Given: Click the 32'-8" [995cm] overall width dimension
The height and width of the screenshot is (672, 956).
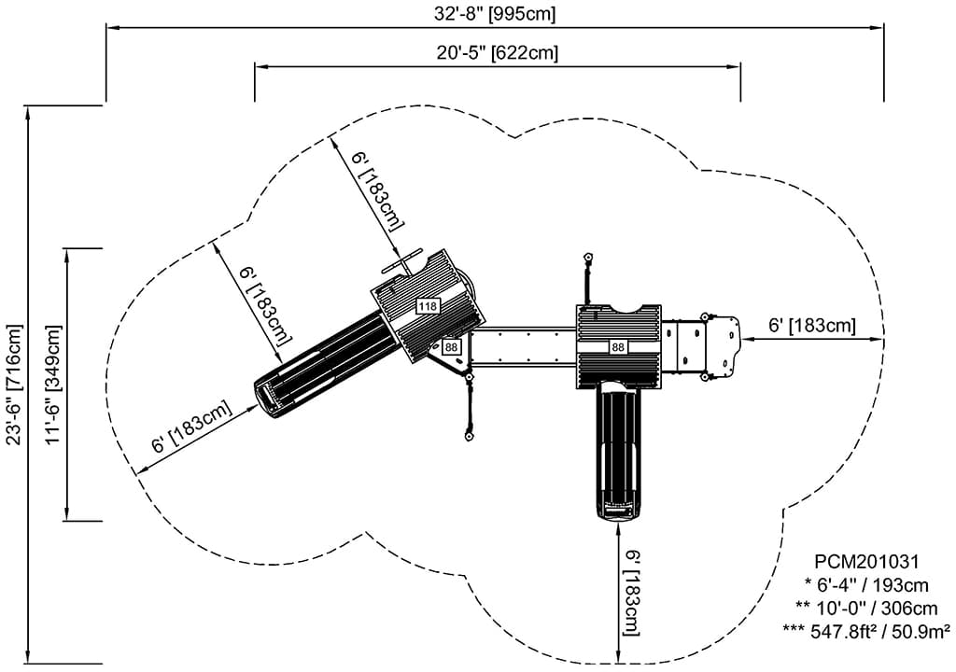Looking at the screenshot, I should point(495,13).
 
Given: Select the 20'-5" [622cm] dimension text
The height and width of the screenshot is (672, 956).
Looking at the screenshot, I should point(497,52).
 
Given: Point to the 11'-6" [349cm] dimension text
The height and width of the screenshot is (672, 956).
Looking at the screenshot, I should point(52,384).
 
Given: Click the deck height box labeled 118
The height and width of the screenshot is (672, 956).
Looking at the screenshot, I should point(428,306).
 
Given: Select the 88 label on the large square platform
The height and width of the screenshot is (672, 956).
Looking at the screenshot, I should point(618,347).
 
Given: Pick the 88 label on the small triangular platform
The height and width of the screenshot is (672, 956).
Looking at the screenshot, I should point(452,347).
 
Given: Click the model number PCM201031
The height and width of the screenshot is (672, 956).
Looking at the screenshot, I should point(867,562).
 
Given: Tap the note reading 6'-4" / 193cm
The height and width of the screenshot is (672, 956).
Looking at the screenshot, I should point(867,585).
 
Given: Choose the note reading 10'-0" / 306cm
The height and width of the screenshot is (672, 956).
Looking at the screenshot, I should point(863,608).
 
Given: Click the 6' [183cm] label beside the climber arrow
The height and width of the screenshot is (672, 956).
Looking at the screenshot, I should point(811,326).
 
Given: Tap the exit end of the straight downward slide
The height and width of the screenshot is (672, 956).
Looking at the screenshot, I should point(618,509).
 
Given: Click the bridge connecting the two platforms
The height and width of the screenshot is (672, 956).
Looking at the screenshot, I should point(523,346).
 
